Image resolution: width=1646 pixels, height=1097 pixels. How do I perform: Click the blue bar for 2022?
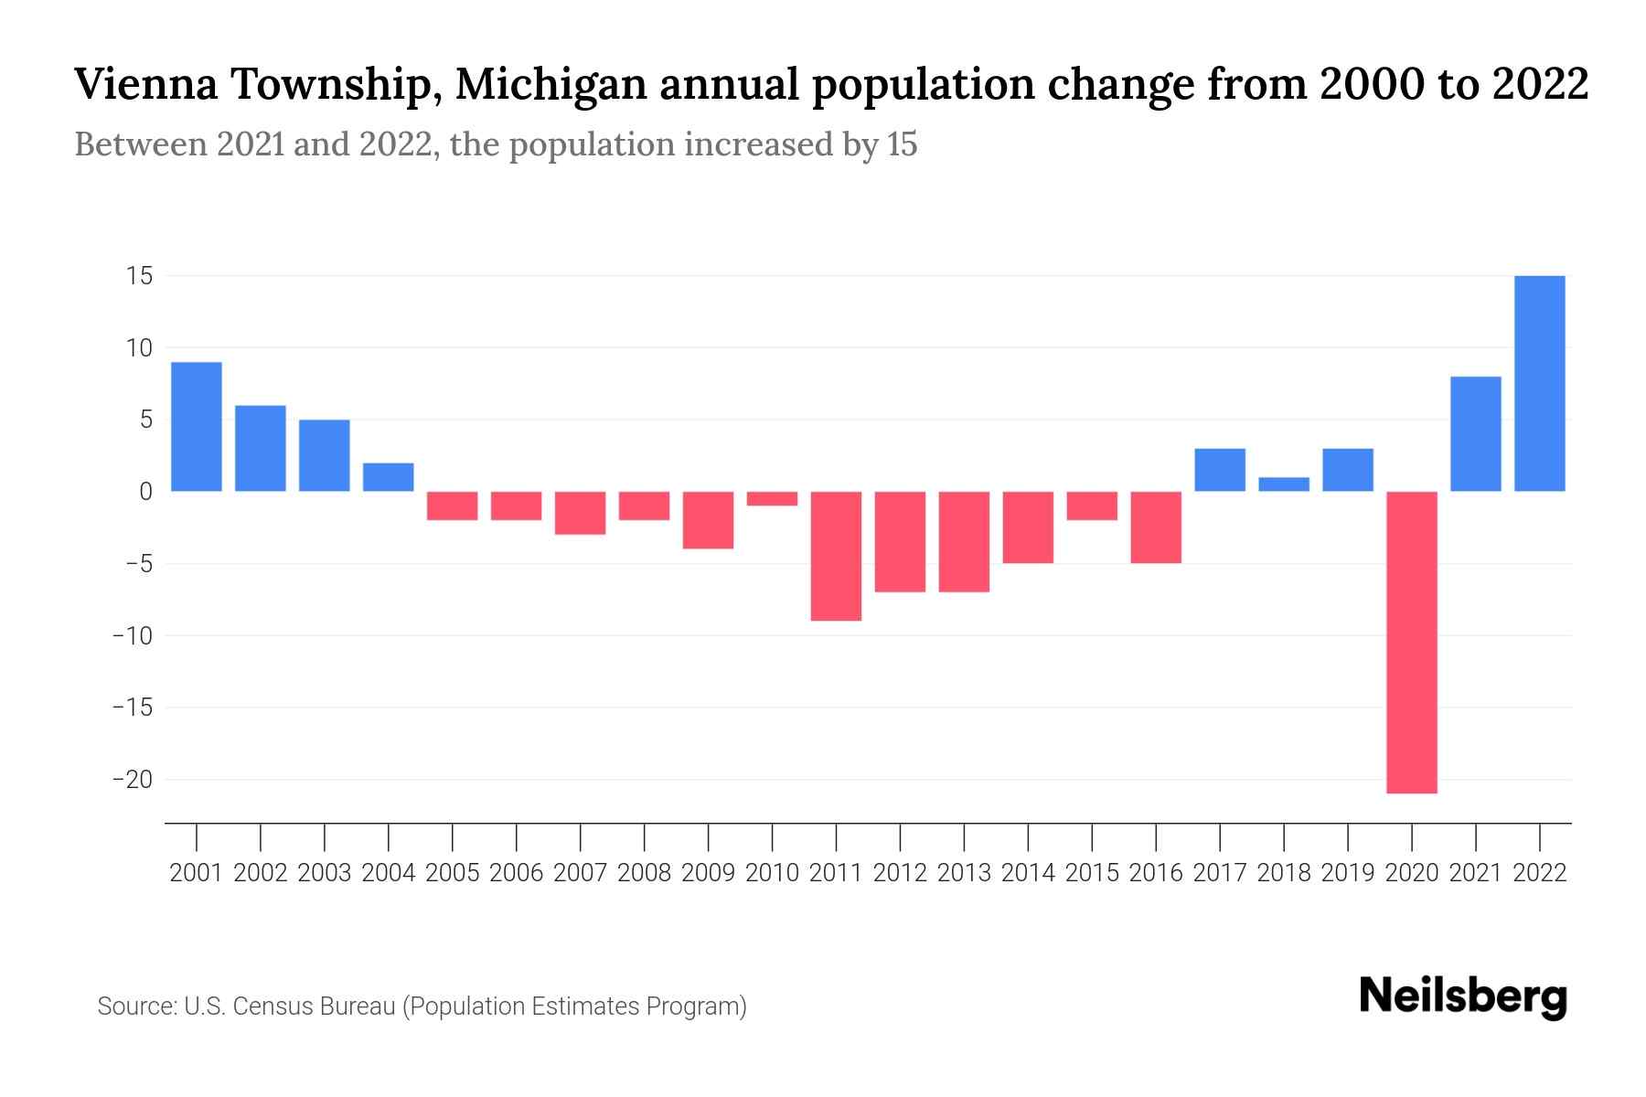click(x=1540, y=383)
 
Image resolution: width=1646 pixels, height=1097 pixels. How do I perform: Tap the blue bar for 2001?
click(x=197, y=427)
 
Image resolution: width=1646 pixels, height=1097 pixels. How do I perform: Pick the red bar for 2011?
click(x=836, y=556)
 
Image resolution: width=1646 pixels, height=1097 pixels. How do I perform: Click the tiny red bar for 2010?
click(x=772, y=498)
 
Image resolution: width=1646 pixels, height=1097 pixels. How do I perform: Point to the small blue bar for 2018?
click(x=1284, y=485)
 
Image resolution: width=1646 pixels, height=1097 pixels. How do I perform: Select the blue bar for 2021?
click(x=1476, y=434)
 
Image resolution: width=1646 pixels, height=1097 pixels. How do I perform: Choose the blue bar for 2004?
click(x=389, y=477)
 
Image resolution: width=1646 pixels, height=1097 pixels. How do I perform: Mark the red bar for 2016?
click(x=1156, y=527)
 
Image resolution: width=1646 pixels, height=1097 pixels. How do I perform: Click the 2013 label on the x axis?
click(x=964, y=873)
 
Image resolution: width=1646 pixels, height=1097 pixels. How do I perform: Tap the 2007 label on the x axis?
click(x=580, y=873)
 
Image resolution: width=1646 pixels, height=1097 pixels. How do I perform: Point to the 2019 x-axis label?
click(x=1348, y=873)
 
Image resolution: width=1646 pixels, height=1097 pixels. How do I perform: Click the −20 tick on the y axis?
click(x=133, y=780)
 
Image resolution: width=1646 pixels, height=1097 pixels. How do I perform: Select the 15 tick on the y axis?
click(x=139, y=276)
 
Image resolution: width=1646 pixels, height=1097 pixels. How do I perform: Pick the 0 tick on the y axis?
click(x=145, y=492)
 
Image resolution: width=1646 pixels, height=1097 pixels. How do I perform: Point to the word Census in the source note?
click(x=273, y=1006)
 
